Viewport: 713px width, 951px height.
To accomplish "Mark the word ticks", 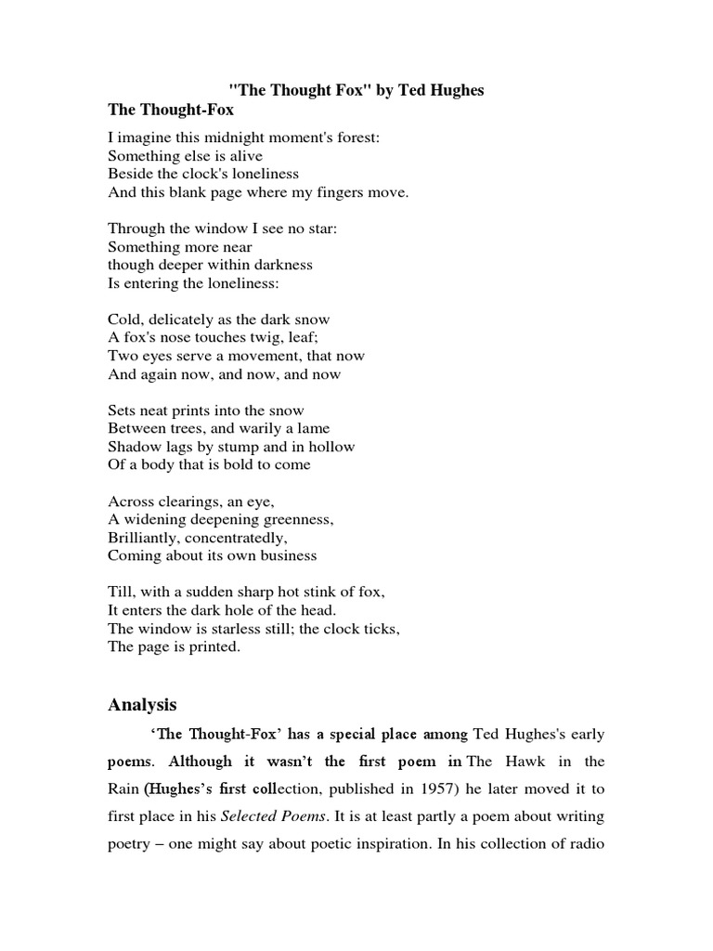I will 380,629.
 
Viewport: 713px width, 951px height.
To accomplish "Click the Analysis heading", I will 142,705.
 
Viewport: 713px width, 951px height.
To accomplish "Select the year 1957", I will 408,789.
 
